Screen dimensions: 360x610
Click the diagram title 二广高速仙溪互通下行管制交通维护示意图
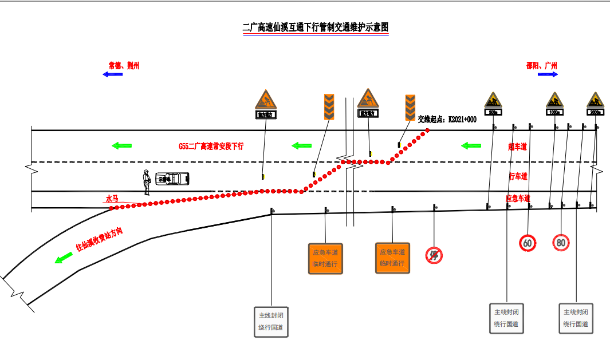click(316, 27)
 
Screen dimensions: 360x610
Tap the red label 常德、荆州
click(124, 66)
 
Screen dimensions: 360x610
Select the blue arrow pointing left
click(113, 74)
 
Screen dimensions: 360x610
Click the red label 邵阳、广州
click(541, 66)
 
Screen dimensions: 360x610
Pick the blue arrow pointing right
click(548, 74)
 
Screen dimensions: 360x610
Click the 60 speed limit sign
click(528, 243)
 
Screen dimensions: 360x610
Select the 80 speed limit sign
click(561, 242)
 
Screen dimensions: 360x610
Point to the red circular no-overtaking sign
click(434, 255)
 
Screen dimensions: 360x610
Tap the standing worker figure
click(147, 182)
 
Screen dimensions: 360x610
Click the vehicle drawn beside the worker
click(172, 179)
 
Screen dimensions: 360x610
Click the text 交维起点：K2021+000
click(447, 119)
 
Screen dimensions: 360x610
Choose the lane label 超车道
click(517, 147)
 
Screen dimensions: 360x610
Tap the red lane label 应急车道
click(518, 199)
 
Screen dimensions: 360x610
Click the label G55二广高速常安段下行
click(211, 147)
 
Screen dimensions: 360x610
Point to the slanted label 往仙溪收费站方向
click(100, 240)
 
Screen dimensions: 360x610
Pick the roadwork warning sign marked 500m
click(493, 103)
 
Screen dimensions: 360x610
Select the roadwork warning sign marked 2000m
click(595, 103)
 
